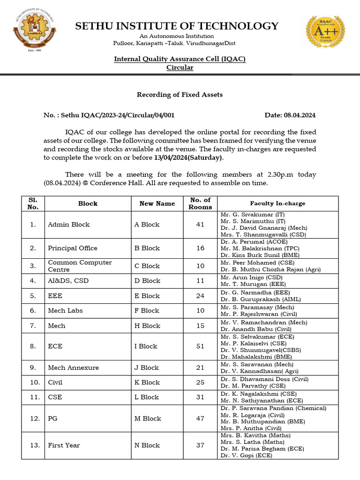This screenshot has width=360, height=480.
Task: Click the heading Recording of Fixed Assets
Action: pyautogui.click(x=180, y=95)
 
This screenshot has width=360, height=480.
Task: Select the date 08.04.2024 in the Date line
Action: pyautogui.click(x=300, y=115)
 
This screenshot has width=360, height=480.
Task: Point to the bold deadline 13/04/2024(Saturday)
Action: pyautogui.click(x=188, y=158)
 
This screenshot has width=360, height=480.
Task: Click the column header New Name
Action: pyautogui.click(x=157, y=203)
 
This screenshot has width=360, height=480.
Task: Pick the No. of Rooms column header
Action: pyautogui.click(x=201, y=203)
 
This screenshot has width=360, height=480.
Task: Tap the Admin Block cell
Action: pyautogui.click(x=68, y=225)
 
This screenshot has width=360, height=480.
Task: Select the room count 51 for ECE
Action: pyautogui.click(x=200, y=346)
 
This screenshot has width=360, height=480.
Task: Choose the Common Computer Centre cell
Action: pyautogui.click(x=80, y=266)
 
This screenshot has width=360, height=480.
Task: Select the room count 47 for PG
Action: pyautogui.click(x=200, y=419)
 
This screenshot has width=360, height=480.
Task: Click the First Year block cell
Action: pyautogui.click(x=64, y=445)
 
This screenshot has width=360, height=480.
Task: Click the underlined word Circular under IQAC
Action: pyautogui.click(x=180, y=67)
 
